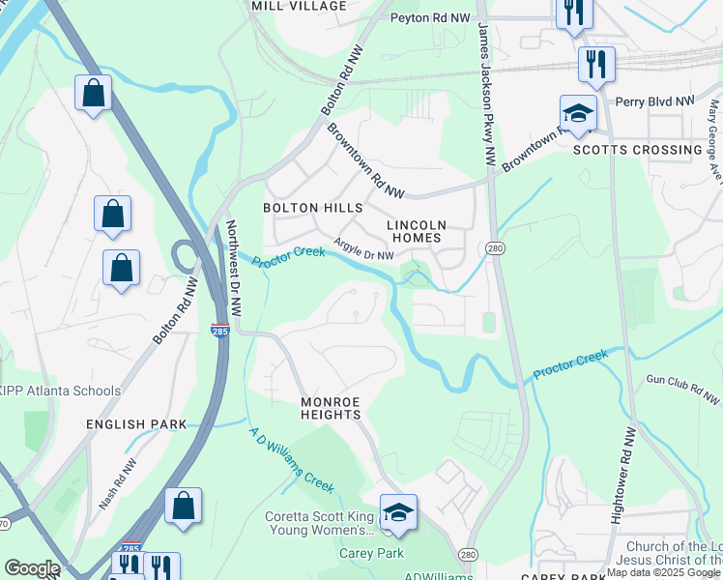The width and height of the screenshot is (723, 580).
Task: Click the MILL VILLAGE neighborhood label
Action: point(299,6)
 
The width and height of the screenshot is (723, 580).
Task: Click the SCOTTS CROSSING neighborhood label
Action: point(638,150)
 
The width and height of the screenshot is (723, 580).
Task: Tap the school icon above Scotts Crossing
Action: point(578,114)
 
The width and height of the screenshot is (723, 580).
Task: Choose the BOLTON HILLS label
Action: point(313,208)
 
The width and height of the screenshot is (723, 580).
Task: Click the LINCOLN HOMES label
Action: point(415,231)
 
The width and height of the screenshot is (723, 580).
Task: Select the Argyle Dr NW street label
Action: point(363,249)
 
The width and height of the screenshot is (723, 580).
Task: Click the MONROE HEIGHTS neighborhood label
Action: point(331,408)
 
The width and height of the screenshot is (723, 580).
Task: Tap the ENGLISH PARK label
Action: point(135,424)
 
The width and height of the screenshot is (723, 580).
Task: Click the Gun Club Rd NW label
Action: point(683,391)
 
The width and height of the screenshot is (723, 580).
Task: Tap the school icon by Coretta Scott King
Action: point(397,513)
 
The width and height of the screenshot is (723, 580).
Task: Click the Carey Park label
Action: point(362,554)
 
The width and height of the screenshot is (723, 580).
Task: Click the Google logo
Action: point(32,567)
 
